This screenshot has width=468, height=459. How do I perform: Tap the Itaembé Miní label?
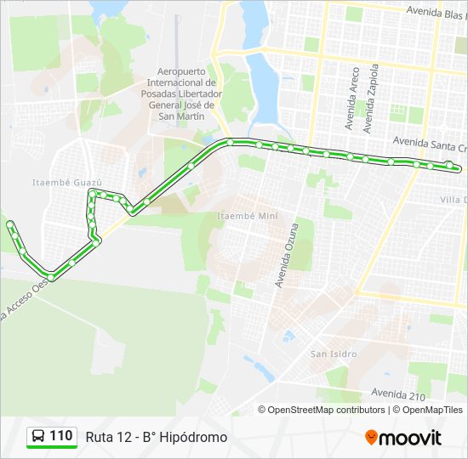tap(248, 216)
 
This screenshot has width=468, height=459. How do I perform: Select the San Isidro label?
tap(334, 354)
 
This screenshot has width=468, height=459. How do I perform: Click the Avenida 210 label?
tap(399, 393)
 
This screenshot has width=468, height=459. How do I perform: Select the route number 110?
tap(61, 436)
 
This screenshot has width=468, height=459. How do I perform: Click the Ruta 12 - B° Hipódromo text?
tap(157, 437)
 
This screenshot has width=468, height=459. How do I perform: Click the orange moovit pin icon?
tap(371, 437)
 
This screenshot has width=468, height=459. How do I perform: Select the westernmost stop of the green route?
tap(10, 224)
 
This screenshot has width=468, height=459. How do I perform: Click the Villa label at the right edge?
tap(453, 200)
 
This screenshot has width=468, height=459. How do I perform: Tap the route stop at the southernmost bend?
tap(52, 277)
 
